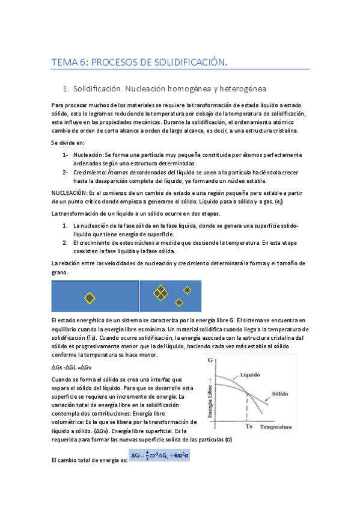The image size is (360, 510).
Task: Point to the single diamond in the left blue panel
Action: point(90,298)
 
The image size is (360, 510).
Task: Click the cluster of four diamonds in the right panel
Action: point(160,293)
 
